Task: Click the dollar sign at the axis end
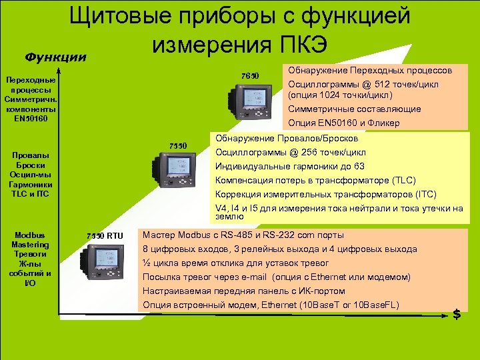coord(457,314)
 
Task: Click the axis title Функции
coord(55,57)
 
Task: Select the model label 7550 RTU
coord(105,235)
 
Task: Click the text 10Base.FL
coord(377,305)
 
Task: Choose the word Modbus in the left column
coord(30,235)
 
